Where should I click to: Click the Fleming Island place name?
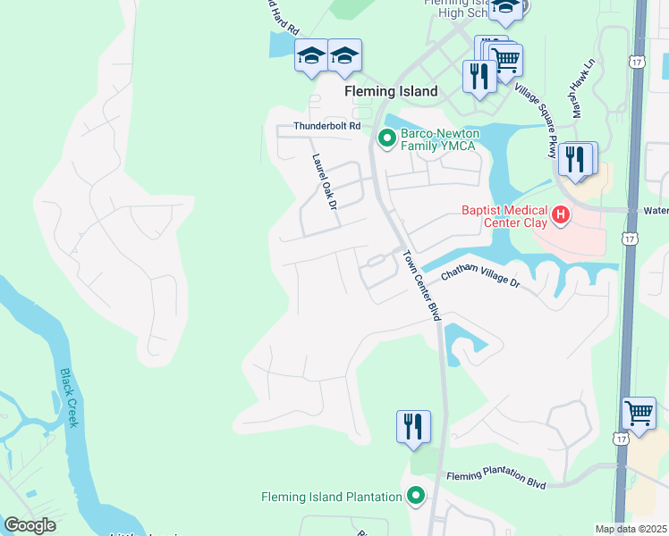tap(392, 91)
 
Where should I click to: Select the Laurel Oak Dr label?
tap(323, 181)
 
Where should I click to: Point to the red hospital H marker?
tap(561, 215)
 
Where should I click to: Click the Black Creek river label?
tap(69, 398)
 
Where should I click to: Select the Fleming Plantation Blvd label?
tap(496, 481)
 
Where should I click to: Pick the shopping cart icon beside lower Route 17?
tap(639, 413)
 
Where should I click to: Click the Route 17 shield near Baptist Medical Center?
tap(631, 239)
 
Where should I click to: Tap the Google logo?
tap(30, 525)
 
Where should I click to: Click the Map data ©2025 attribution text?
tap(631, 529)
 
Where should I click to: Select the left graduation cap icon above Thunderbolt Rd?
tap(310, 55)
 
